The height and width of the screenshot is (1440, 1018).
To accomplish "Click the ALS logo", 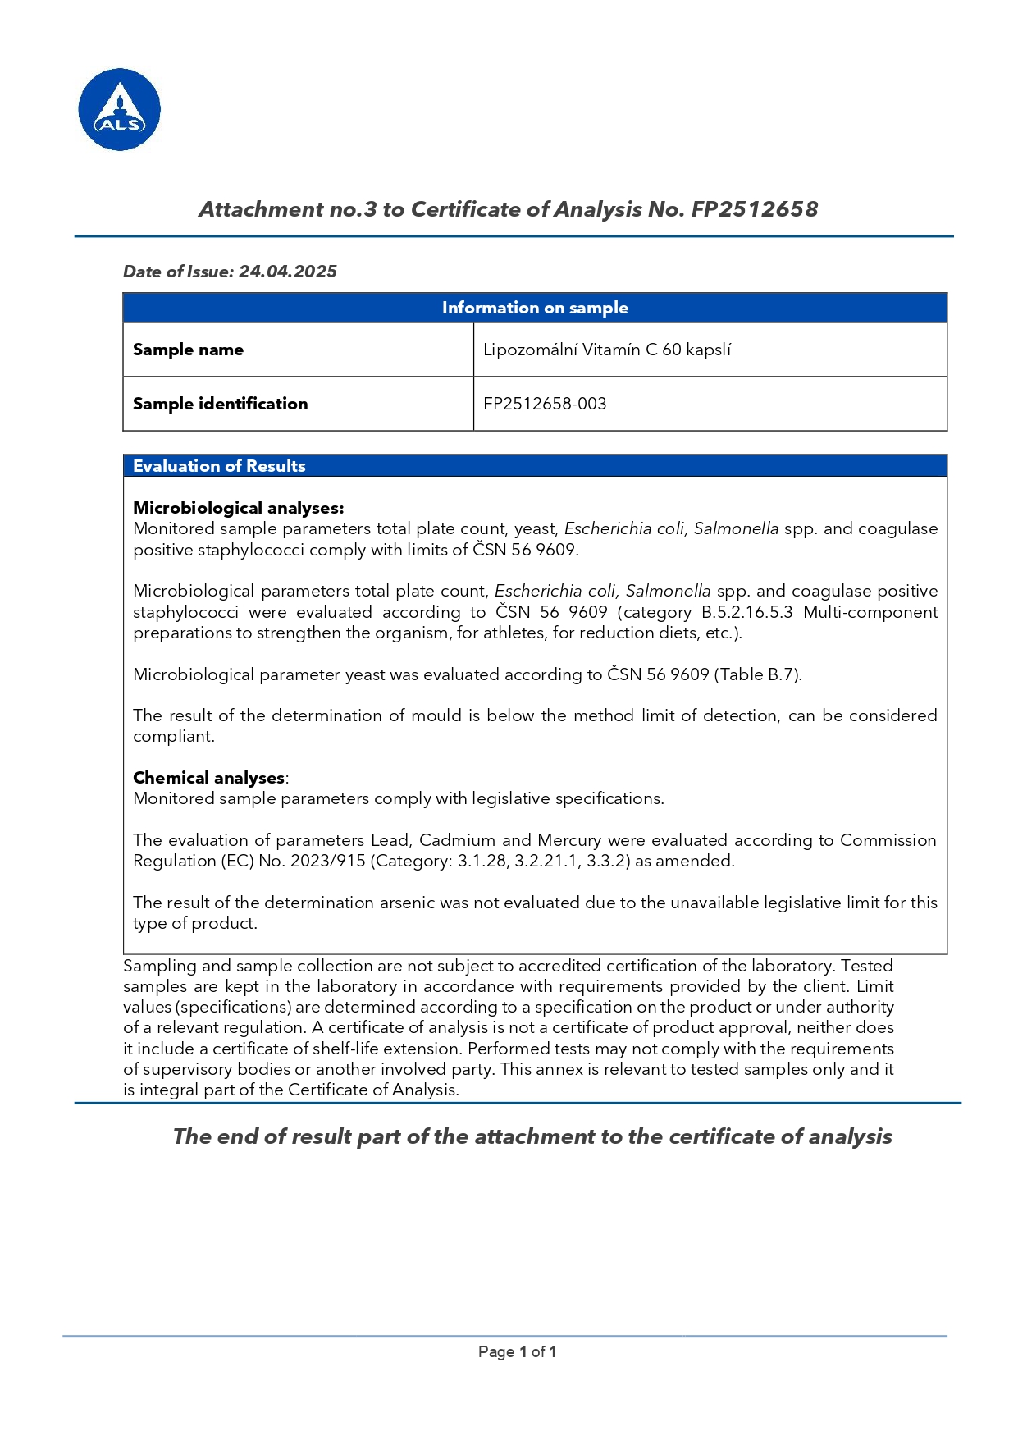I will tap(119, 109).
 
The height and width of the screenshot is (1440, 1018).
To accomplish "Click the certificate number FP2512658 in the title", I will tap(754, 209).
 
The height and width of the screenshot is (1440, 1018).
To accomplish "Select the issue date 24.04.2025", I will tap(287, 272).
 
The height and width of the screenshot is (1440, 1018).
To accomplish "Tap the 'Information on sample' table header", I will tap(535, 308).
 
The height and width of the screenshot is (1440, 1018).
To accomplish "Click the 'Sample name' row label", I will tap(188, 350).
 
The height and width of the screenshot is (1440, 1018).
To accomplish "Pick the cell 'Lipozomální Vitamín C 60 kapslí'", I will tap(606, 350).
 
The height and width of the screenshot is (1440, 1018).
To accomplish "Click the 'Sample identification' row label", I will tap(220, 404).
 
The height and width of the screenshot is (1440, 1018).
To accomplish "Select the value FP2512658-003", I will tap(545, 404).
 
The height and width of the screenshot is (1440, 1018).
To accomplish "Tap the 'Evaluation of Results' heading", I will tap(219, 466).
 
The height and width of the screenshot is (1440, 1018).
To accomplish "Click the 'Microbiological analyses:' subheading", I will tap(238, 508).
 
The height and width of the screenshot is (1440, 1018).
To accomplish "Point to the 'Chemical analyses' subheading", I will tap(208, 778).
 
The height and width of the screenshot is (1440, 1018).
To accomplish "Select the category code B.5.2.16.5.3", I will tap(746, 612).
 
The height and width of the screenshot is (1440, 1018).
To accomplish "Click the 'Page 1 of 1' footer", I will tap(517, 1351).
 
